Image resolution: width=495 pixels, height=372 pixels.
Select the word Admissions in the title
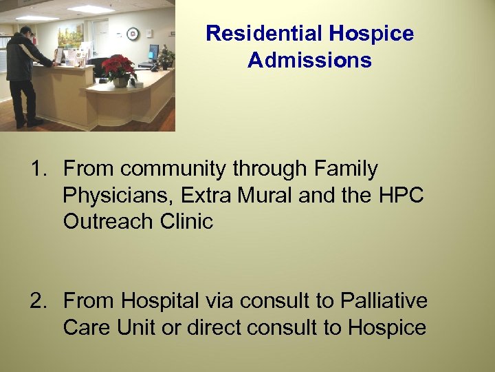point(309,60)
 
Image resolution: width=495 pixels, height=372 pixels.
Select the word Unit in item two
point(136,328)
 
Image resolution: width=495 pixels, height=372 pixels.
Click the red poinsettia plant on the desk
point(118,68)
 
